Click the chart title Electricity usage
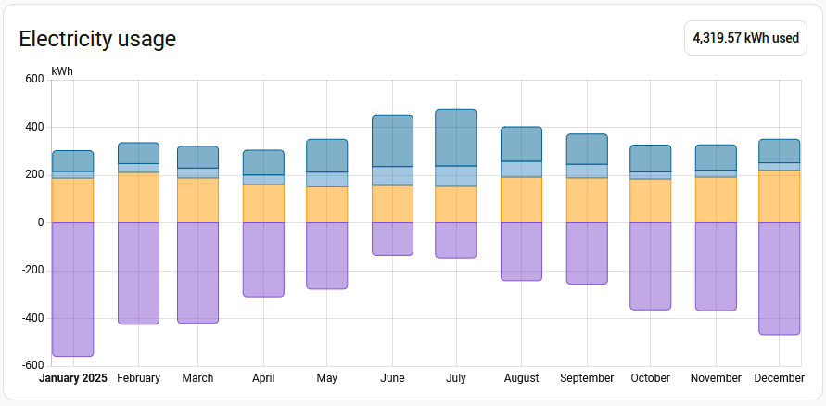pyautogui.click(x=97, y=39)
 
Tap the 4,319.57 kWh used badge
pyautogui.click(x=745, y=39)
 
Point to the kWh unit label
pyautogui.click(x=62, y=71)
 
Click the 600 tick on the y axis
pyautogui.click(x=34, y=80)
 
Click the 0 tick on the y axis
pyautogui.click(x=40, y=222)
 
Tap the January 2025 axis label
pyautogui.click(x=73, y=378)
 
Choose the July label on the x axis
pyautogui.click(x=456, y=378)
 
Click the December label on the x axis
pyautogui.click(x=779, y=378)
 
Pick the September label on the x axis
pyautogui.click(x=587, y=378)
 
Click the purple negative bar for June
pyautogui.click(x=392, y=239)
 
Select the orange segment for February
pyautogui.click(x=138, y=197)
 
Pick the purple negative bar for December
pyautogui.click(x=779, y=278)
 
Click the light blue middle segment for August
pyautogui.click(x=521, y=169)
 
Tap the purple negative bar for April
pyautogui.click(x=263, y=260)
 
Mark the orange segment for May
pyautogui.click(x=327, y=205)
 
